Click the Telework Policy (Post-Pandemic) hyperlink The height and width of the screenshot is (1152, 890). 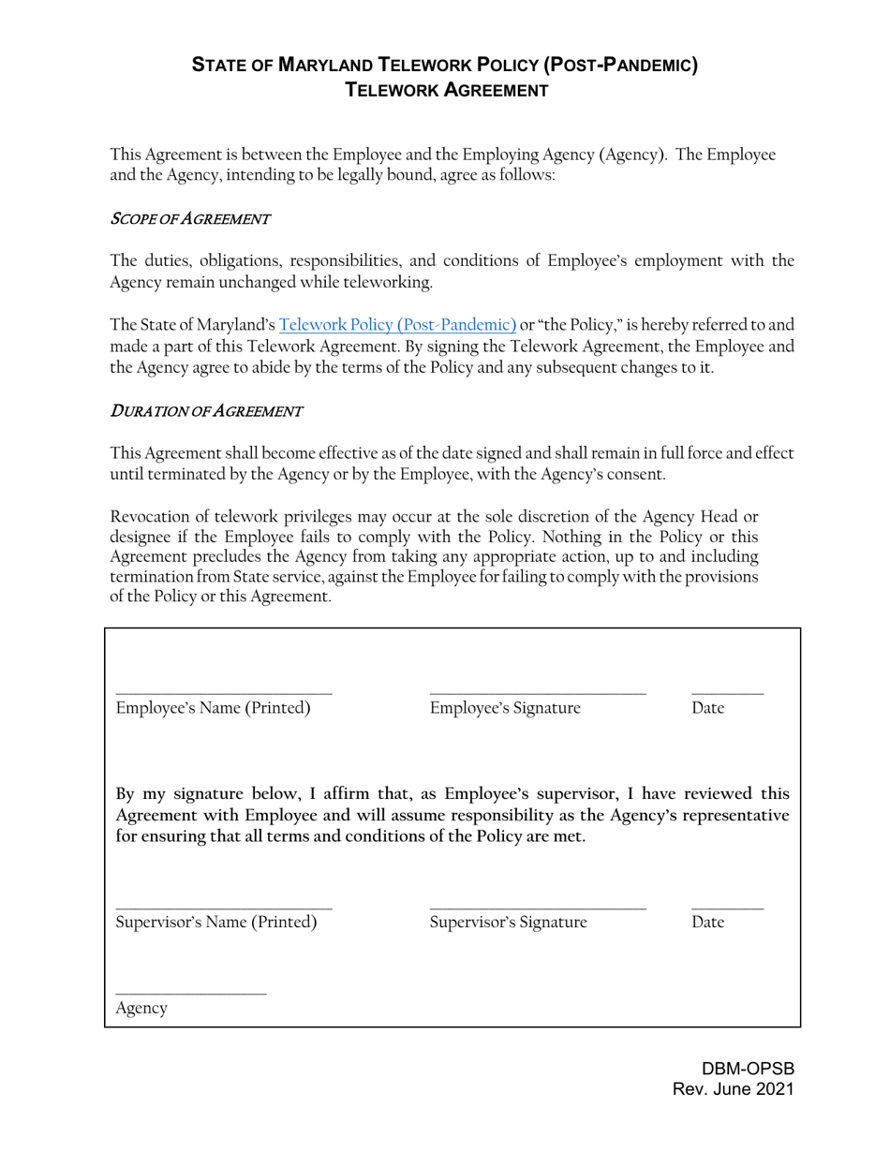click(x=397, y=325)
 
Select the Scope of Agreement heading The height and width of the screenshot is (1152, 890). click(x=190, y=219)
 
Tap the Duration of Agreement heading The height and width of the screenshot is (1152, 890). click(x=206, y=410)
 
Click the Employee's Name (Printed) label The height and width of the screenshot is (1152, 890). click(x=213, y=708)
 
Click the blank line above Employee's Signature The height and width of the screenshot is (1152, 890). click(x=538, y=693)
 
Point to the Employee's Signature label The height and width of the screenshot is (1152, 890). click(x=505, y=708)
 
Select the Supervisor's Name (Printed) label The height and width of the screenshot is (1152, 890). click(x=216, y=923)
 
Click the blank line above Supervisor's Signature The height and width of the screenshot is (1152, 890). click(x=538, y=908)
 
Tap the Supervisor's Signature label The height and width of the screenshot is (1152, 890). click(x=509, y=923)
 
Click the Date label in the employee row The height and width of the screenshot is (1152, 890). click(x=708, y=708)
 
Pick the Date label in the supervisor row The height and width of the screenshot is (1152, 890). click(x=708, y=923)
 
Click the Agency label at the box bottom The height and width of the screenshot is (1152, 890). click(x=141, y=1009)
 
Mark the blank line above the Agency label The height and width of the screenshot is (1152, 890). click(x=191, y=994)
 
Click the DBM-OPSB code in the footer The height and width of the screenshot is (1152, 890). click(x=748, y=1069)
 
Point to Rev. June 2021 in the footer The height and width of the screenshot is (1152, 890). click(x=734, y=1089)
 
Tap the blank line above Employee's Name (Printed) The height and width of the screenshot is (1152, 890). click(x=224, y=693)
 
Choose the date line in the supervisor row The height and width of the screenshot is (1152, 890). click(x=727, y=908)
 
